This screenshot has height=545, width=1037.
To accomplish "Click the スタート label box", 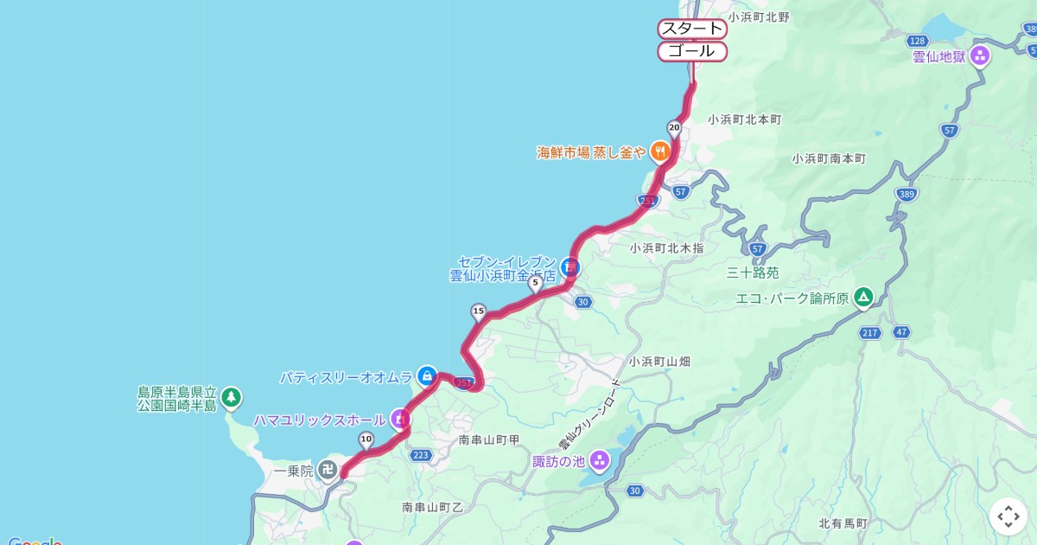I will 692,29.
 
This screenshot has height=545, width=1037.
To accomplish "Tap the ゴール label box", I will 692,51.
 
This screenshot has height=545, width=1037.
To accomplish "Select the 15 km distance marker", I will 478,311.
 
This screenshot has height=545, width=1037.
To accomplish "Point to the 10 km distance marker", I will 366,439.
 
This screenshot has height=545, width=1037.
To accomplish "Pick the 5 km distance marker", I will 535,281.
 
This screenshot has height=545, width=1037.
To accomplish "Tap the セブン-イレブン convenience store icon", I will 569,266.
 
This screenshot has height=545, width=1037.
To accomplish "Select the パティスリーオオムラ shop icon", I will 426,375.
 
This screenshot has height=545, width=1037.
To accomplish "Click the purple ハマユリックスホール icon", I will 399,420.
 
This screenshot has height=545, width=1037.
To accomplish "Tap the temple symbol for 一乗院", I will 328,470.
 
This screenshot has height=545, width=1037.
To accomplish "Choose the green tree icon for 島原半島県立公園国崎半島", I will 231,398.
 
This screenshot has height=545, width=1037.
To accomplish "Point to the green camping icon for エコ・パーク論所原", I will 862,298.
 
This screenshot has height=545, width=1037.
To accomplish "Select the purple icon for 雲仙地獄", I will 979,56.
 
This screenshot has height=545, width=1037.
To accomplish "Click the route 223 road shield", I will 422,455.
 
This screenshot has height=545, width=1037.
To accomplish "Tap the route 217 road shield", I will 870,332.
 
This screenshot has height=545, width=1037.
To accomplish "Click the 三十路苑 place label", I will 753,273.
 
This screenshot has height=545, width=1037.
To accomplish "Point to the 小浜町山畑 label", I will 659,362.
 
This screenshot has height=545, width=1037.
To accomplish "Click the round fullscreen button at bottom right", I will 1008,516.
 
